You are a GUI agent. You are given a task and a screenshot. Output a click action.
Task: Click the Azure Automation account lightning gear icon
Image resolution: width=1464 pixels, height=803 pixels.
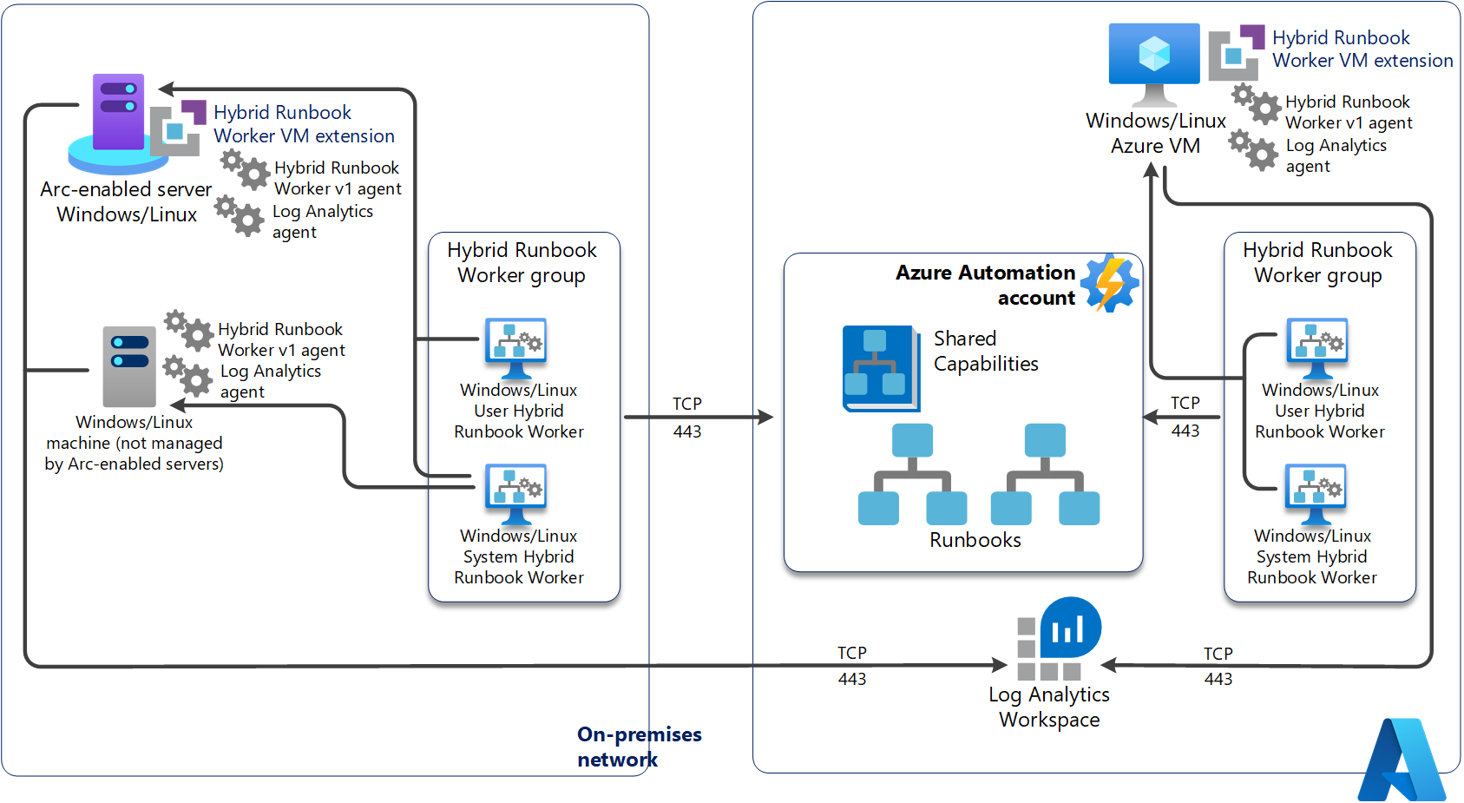point(1110,282)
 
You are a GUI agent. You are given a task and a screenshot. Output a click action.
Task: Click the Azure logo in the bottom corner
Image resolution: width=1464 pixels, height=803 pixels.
point(1402,760)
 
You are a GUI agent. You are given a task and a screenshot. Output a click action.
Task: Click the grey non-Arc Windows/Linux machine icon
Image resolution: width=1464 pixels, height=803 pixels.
point(129,366)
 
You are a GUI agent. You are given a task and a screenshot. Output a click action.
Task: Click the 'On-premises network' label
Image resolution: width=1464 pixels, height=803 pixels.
point(640,747)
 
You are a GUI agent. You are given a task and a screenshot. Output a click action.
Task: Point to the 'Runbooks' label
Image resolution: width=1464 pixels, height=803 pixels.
point(975,540)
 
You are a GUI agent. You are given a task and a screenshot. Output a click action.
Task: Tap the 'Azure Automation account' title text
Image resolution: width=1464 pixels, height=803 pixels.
point(986,285)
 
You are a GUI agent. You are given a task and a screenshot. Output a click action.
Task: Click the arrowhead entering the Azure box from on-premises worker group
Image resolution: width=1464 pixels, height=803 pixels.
point(765,418)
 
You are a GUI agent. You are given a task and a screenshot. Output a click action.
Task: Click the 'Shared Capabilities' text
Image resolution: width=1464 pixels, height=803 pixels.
point(986,351)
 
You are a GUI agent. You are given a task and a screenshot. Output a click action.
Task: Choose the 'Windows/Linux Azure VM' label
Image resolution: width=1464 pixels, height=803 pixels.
point(1156,133)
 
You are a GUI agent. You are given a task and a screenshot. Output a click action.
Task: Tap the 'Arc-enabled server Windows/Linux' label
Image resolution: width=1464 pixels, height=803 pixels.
point(126,201)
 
